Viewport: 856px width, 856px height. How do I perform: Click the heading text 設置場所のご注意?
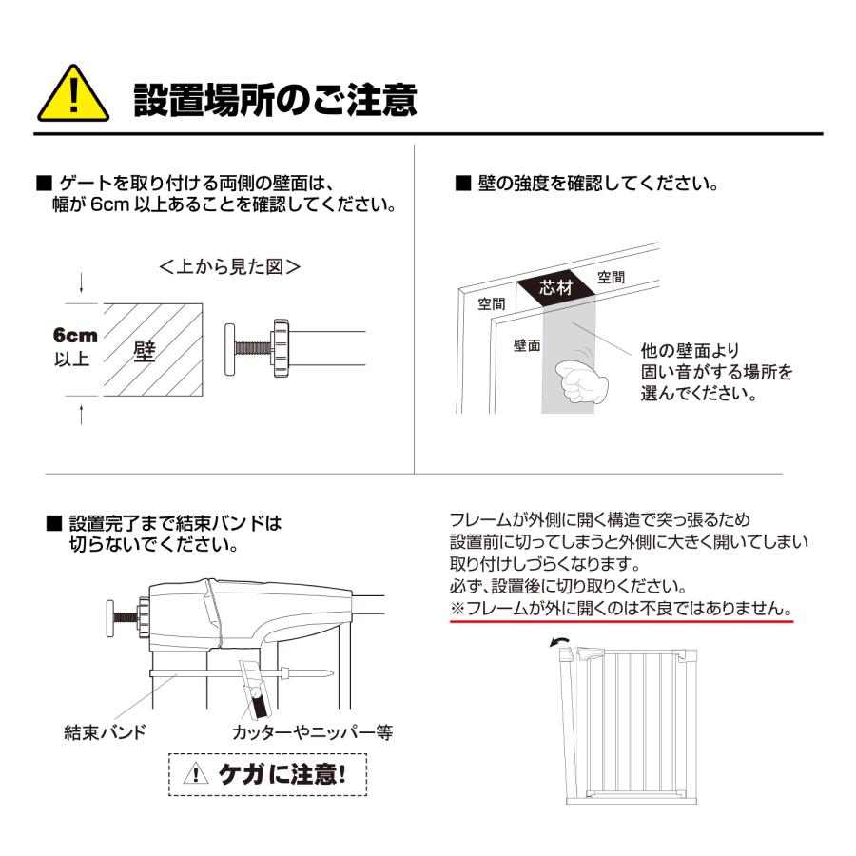(x=276, y=98)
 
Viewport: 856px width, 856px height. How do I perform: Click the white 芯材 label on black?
(x=556, y=287)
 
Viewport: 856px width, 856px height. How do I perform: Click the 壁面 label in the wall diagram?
(x=527, y=345)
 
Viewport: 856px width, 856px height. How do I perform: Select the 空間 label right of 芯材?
(x=612, y=278)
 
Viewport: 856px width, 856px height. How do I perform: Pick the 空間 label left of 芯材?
(x=492, y=303)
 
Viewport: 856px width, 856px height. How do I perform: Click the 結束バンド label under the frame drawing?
(x=106, y=731)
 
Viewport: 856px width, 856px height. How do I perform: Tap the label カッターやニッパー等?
(x=312, y=731)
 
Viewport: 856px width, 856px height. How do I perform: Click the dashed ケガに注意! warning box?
(x=267, y=774)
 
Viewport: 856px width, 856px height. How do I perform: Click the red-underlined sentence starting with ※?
(x=621, y=607)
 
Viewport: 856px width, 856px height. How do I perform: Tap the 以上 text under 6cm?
(x=71, y=360)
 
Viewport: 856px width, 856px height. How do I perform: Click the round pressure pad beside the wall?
(x=231, y=349)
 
